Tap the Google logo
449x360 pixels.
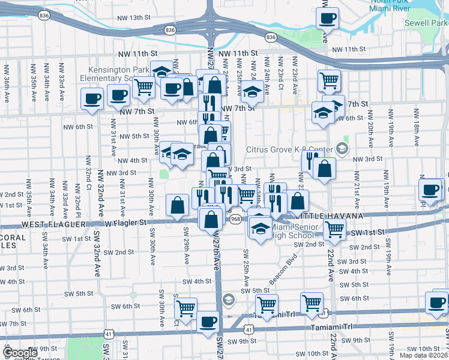point(20,353)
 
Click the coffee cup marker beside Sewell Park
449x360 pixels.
point(327,19)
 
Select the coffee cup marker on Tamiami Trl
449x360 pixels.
point(208,322)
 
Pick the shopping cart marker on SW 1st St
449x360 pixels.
point(334,229)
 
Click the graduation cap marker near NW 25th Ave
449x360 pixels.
point(253,92)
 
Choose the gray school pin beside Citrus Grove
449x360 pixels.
point(342,148)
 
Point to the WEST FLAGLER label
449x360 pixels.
point(50,223)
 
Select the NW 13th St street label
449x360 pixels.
point(132,17)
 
